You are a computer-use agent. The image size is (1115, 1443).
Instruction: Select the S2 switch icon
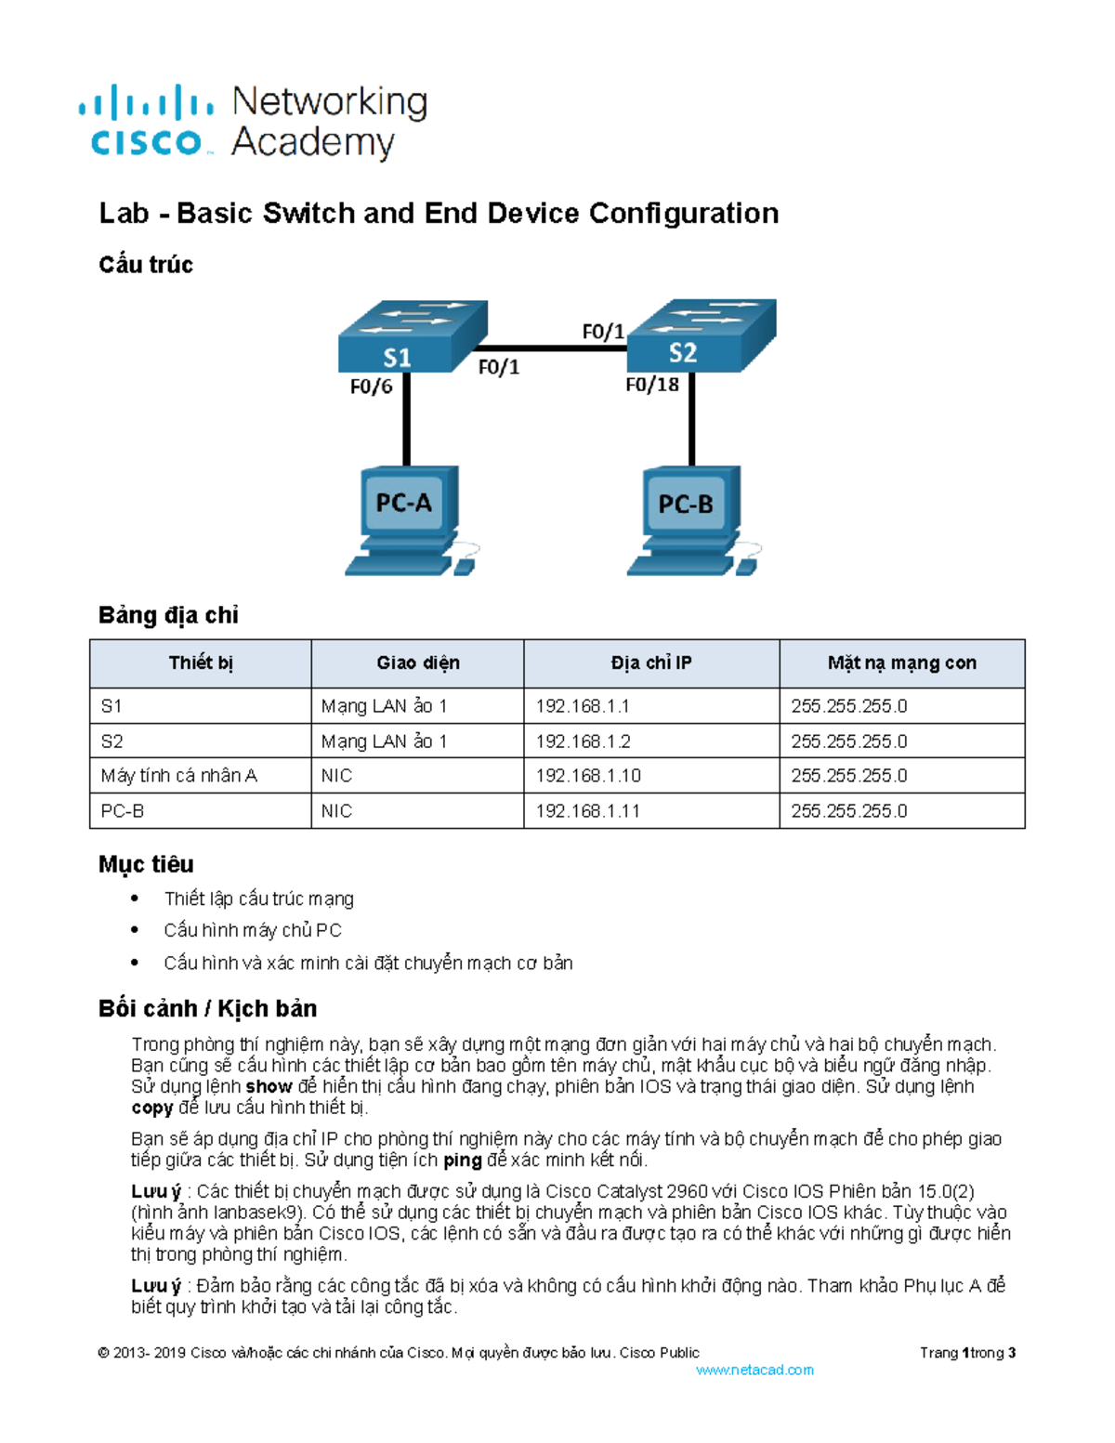click(702, 335)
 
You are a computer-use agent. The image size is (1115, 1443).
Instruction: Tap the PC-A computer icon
click(407, 520)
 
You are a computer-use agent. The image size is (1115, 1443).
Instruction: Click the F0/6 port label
click(371, 387)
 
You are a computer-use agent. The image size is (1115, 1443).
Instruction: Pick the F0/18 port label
click(651, 385)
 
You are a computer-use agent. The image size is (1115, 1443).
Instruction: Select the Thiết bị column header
click(201, 662)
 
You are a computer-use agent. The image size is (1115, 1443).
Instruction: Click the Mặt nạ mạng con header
click(901, 662)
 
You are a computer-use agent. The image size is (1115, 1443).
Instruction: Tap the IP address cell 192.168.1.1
click(583, 706)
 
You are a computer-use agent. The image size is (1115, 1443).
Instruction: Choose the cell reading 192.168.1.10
click(588, 776)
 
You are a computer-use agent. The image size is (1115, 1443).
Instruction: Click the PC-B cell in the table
click(123, 811)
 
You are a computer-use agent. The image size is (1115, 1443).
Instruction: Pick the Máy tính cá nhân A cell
click(178, 776)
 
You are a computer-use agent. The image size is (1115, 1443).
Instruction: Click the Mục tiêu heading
click(146, 864)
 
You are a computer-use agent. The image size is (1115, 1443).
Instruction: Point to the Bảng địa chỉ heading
click(168, 615)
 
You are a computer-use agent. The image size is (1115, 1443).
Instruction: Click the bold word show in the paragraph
click(269, 1086)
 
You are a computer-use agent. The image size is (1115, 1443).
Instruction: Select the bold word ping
click(462, 1160)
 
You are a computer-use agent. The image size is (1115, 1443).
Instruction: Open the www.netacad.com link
click(754, 1370)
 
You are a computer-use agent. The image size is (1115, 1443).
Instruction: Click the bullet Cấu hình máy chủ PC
click(253, 930)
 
